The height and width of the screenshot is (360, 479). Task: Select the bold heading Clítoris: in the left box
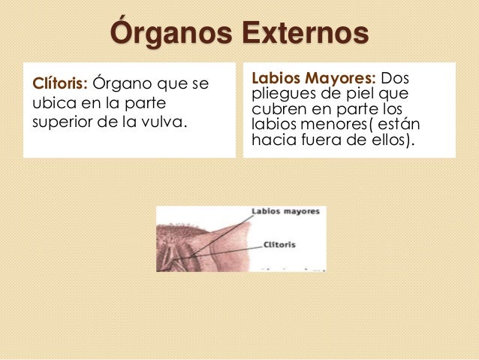(x=57, y=81)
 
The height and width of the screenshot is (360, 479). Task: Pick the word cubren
(x=279, y=109)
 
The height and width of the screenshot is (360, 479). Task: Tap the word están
(x=403, y=124)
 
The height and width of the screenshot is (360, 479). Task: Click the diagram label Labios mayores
(x=285, y=212)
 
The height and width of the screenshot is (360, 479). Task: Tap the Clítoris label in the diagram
(x=279, y=245)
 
